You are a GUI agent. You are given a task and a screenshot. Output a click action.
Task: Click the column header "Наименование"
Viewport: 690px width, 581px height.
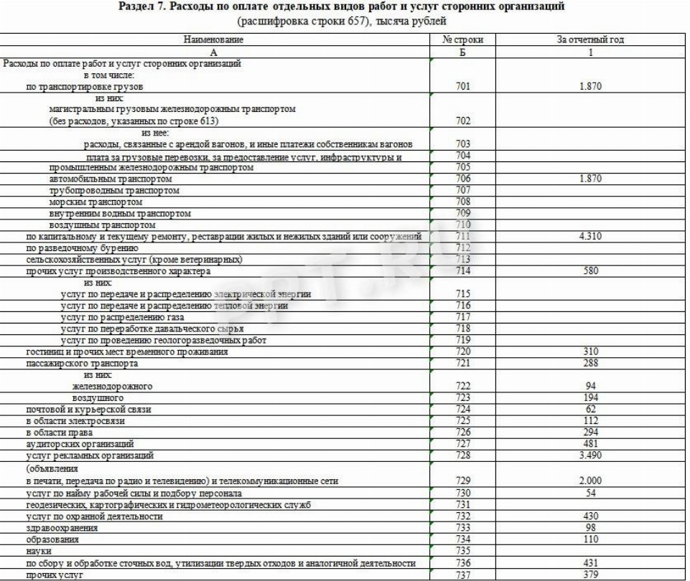tap(214, 39)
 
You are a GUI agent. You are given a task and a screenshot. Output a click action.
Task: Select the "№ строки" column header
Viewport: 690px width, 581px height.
tap(463, 39)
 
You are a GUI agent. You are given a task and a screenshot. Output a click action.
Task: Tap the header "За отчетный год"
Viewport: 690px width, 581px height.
tap(590, 39)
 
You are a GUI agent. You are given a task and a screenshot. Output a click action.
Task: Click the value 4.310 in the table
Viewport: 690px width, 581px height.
tap(590, 236)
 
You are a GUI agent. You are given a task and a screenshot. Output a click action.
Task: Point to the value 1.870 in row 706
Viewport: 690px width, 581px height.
tap(590, 179)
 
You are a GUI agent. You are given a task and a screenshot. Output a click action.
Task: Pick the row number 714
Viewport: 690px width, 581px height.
tap(463, 271)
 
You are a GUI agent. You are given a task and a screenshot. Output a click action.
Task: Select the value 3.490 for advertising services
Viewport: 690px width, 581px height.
tap(590, 455)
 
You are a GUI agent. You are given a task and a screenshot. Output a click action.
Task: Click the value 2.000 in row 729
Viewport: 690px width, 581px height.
tap(590, 481)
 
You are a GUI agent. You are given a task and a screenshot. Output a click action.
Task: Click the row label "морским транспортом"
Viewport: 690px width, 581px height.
tap(95, 202)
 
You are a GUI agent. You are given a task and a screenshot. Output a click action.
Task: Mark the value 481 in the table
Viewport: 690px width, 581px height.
tap(590, 444)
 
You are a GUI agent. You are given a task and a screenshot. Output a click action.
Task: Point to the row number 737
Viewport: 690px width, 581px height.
tap(463, 575)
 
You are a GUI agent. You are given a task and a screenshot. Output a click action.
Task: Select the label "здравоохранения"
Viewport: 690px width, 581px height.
tap(61, 528)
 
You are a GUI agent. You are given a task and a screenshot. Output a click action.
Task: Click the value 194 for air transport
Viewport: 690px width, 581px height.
tap(590, 397)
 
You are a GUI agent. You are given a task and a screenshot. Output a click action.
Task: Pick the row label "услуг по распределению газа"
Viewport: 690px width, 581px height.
tap(122, 317)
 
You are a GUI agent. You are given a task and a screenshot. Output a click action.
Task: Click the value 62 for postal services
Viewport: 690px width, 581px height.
tap(590, 409)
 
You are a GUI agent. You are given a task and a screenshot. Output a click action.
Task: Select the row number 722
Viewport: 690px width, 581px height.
tap(463, 386)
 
